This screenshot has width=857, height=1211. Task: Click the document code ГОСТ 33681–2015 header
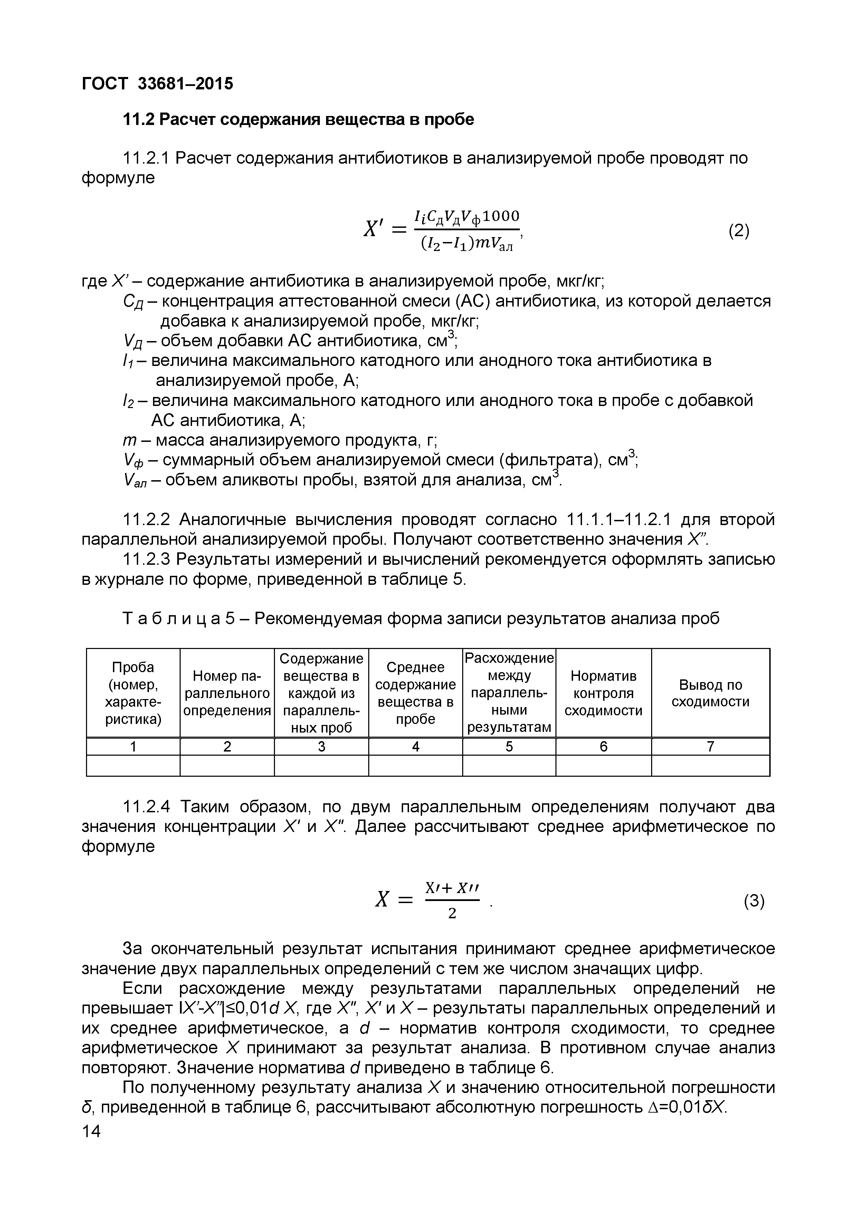point(157,83)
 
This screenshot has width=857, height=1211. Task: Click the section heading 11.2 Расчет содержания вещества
point(298,120)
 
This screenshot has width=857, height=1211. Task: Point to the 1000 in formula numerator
point(501,216)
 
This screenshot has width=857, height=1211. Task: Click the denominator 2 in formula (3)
point(452,913)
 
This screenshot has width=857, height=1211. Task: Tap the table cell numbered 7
point(710,746)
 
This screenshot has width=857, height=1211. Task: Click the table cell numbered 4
point(415,746)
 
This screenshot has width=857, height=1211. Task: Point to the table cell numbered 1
point(133,746)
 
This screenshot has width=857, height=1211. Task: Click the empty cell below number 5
point(509,765)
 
